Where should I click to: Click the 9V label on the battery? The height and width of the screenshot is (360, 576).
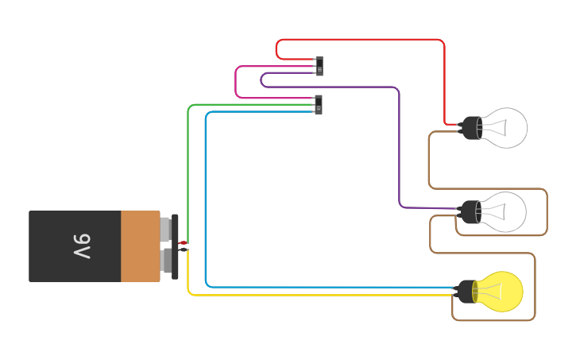[82, 246]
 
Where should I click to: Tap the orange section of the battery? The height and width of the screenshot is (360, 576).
[140, 246]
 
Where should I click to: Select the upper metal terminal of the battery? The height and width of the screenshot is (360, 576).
[165, 229]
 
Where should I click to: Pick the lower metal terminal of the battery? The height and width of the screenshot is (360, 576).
[165, 261]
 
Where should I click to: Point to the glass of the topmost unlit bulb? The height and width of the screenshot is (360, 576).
[506, 127]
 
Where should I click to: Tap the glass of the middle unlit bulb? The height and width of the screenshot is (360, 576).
[505, 212]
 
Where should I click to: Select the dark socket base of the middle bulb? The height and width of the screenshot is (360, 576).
[471, 212]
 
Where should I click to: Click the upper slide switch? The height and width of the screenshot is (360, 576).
[319, 66]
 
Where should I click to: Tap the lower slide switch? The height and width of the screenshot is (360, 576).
[319, 105]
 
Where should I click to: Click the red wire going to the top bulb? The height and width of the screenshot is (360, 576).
[444, 79]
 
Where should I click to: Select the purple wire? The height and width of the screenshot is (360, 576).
[398, 143]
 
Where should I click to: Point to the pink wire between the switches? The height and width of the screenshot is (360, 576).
[236, 83]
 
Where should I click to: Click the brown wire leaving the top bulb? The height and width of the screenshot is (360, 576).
[430, 159]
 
